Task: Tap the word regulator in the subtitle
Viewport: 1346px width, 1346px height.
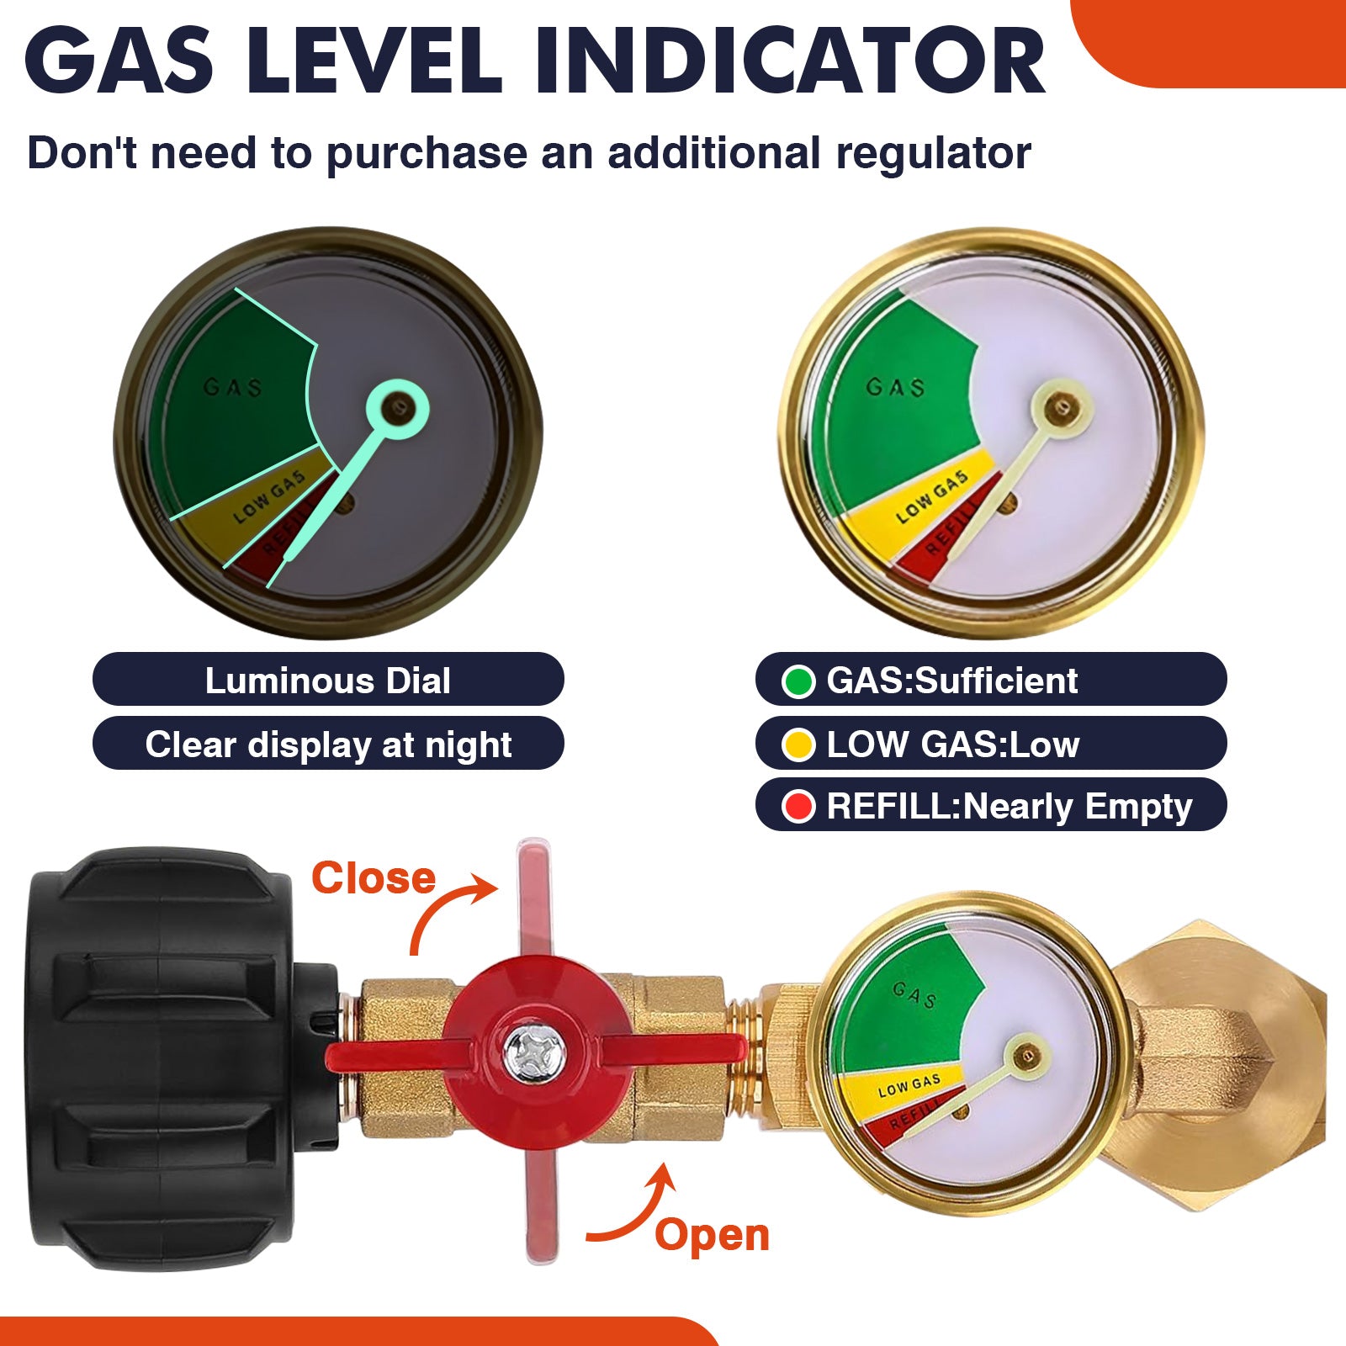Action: (934, 153)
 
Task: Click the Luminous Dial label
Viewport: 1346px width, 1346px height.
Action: (327, 680)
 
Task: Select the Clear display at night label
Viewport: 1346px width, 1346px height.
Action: (327, 745)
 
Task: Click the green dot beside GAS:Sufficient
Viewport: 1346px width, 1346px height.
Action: (798, 681)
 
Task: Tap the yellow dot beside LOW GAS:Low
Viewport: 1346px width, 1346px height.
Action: (798, 745)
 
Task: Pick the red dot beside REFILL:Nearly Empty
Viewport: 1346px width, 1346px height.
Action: (798, 806)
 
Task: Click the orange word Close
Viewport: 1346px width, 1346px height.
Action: (374, 878)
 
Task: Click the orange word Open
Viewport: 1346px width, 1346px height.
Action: (712, 1235)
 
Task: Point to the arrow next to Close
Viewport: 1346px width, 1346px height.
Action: (450, 909)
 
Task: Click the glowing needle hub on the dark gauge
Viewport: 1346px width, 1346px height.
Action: (397, 410)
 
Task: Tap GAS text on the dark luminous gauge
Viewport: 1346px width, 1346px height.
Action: (233, 387)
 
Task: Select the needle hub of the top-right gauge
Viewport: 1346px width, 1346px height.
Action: (1061, 409)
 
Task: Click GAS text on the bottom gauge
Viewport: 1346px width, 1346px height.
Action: (914, 994)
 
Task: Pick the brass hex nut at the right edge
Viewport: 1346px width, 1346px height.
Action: (1220, 1056)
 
